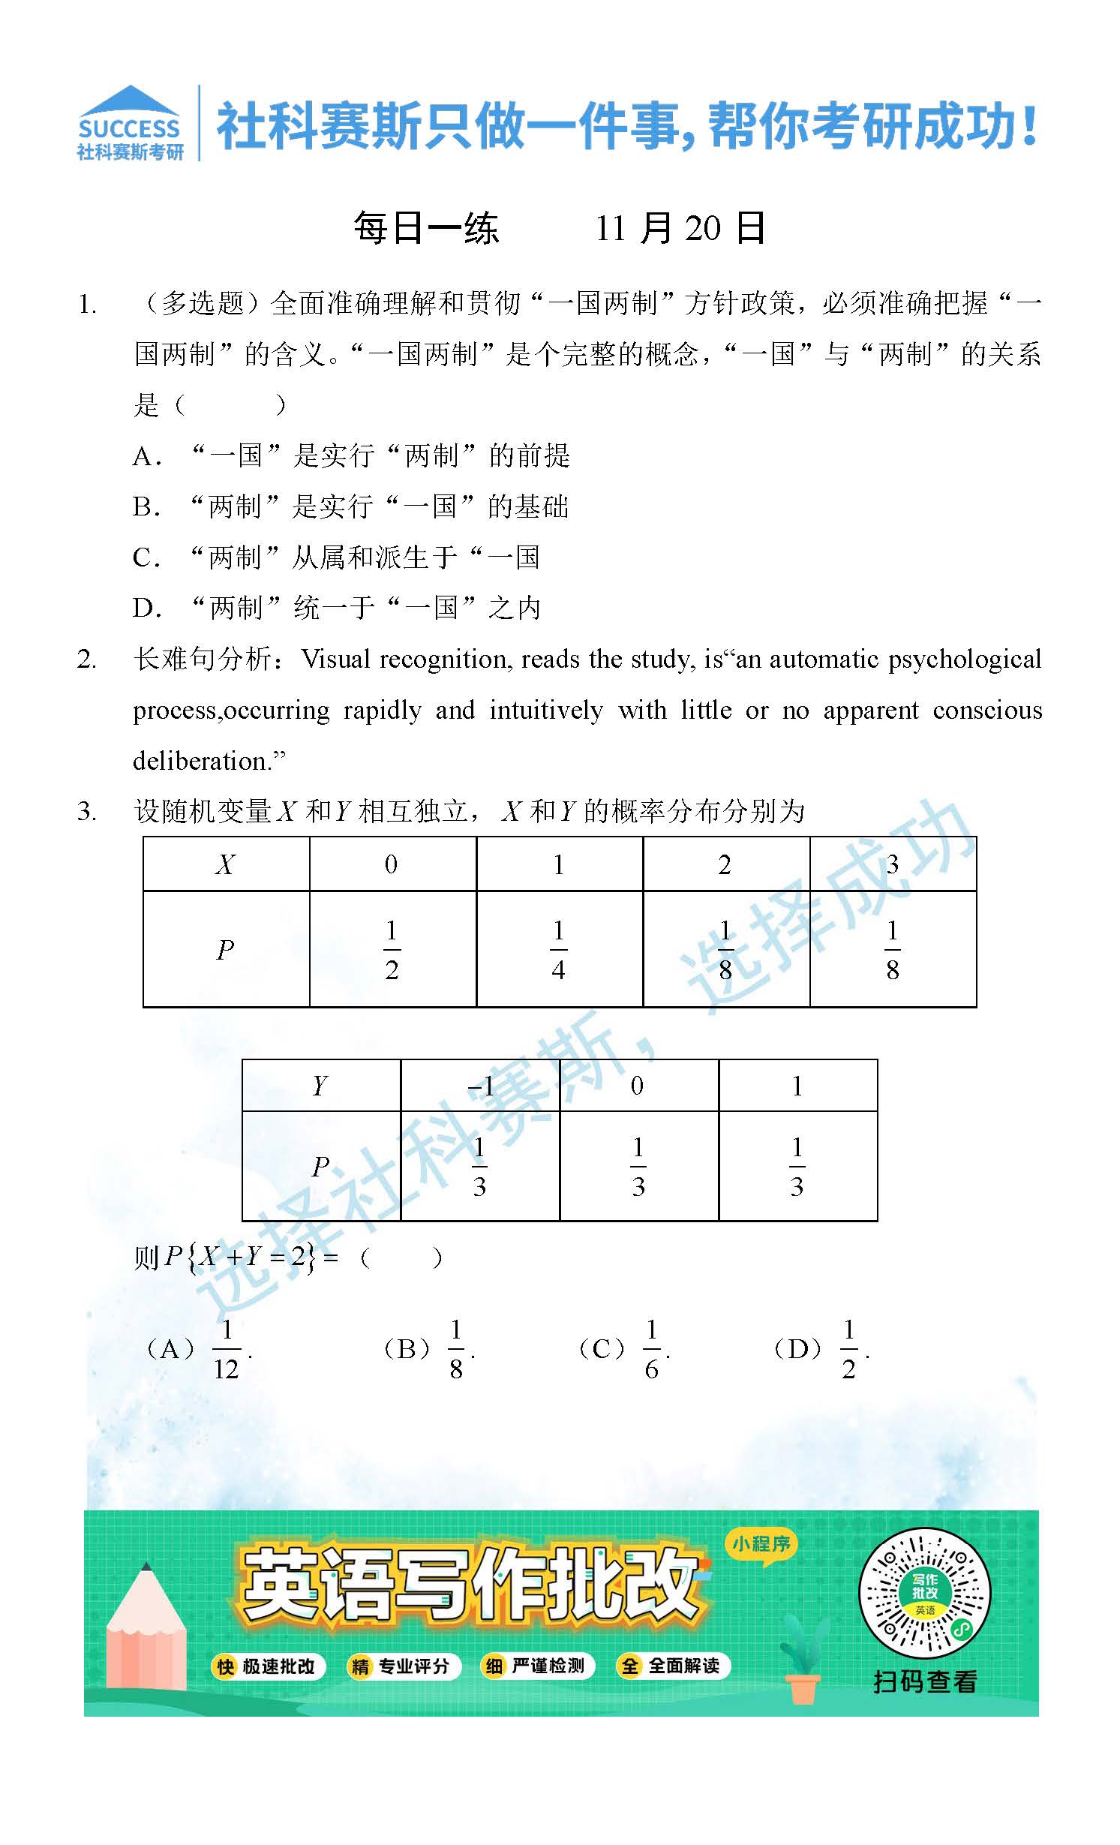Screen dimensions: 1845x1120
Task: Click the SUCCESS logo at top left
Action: [x=131, y=124]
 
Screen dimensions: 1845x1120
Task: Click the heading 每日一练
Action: [x=426, y=228]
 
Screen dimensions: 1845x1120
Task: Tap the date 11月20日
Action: [x=680, y=228]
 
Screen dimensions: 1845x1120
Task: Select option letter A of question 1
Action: [x=144, y=456]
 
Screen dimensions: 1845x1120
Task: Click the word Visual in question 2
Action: [x=336, y=659]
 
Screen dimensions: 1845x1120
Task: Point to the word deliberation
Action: [x=201, y=761]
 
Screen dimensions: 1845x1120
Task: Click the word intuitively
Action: [x=545, y=710]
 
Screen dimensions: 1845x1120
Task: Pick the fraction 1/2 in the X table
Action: [x=392, y=950]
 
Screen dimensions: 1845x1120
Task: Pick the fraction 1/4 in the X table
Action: [x=558, y=950]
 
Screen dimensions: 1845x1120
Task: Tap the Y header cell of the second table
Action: [x=320, y=1086]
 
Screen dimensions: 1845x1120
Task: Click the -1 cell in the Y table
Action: [x=480, y=1086]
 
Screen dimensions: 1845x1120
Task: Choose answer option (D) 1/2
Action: [x=821, y=1349]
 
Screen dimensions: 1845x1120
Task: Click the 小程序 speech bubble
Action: [x=761, y=1544]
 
